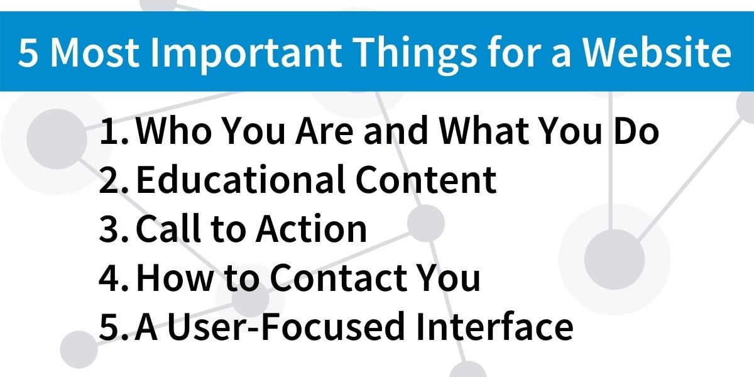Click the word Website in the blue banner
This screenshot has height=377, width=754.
[x=657, y=52]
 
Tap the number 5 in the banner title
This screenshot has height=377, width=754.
[x=28, y=52]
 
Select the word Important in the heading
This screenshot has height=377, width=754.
[x=246, y=54]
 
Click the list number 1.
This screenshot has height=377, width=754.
[x=114, y=131]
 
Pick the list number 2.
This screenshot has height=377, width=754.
[x=114, y=180]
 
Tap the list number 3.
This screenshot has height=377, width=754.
[x=114, y=229]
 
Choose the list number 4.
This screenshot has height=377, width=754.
[x=114, y=278]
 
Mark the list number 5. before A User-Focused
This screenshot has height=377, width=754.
[x=114, y=327]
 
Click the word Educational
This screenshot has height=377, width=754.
[x=241, y=180]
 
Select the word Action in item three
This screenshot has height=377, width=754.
[x=312, y=228]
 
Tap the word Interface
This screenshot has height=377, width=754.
[x=494, y=326]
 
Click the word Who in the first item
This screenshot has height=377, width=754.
[x=173, y=131]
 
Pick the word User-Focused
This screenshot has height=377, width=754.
[x=286, y=327]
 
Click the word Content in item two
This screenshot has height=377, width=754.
[x=426, y=180]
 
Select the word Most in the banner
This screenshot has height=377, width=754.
[x=95, y=53]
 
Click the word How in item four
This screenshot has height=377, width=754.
[x=175, y=277]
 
